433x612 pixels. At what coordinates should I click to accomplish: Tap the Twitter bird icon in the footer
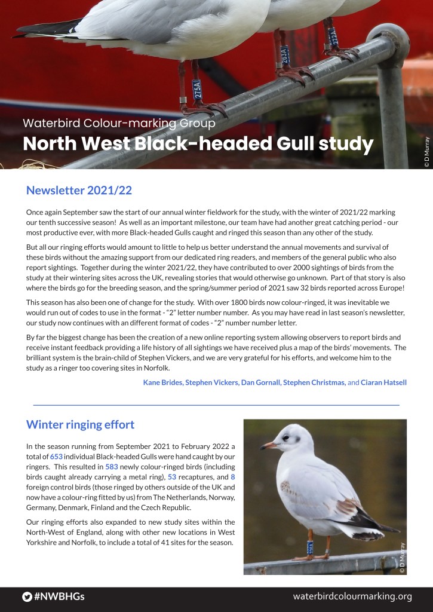point(27,596)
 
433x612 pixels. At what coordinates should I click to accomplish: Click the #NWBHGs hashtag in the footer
point(59,596)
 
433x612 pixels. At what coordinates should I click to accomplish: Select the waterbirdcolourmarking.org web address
point(352,596)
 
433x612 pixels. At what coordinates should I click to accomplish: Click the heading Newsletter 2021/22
point(79,191)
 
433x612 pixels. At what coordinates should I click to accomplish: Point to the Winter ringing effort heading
point(80,424)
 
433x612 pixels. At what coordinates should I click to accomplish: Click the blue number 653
point(57,457)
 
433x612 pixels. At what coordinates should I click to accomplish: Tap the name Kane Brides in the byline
point(164,382)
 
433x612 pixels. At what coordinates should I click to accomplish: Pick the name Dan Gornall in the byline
point(260,382)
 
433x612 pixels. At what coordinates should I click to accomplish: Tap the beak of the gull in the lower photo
point(267,445)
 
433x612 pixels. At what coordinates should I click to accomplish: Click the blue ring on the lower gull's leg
point(310,546)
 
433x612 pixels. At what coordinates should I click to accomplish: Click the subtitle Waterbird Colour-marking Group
point(118,124)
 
